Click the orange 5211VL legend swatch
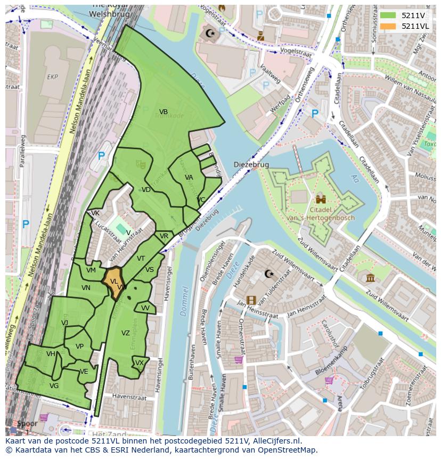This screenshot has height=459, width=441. click(388, 26)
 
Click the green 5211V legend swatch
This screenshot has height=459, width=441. click(388, 15)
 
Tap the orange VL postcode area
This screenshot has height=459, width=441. click(113, 281)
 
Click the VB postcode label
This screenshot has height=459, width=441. click(164, 112)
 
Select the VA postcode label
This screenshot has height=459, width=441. click(189, 178)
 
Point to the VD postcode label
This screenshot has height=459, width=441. click(146, 190)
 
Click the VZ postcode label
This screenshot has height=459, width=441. click(125, 333)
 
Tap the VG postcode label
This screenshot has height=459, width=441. click(54, 386)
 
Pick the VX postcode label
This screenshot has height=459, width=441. click(140, 363)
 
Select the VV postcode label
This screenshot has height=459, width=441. click(145, 308)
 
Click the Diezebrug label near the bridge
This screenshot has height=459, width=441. click(251, 165)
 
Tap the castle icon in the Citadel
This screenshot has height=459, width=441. click(321, 199)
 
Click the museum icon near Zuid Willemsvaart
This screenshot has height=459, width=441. click(370, 277)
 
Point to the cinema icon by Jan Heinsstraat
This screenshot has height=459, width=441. click(251, 300)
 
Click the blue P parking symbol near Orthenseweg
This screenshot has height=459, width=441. click(315, 114)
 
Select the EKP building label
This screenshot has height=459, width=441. click(52, 77)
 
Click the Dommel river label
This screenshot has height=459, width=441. click(185, 301)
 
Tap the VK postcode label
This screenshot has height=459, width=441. click(95, 213)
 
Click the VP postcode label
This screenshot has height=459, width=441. click(79, 347)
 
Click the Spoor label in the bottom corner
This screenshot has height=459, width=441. click(27, 424)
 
